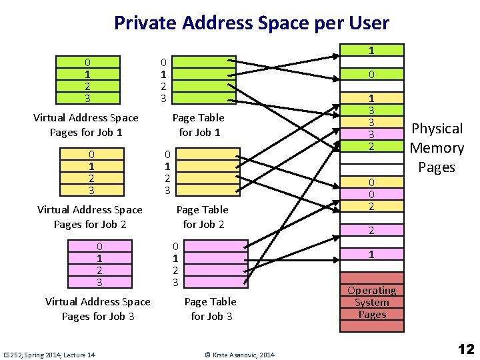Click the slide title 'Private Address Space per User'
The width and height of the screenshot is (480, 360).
pos(251,23)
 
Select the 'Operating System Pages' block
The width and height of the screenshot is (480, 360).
pos(372,302)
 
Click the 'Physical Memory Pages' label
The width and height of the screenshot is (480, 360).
pos(437,147)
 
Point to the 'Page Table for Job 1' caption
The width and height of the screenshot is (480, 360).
pos(199,125)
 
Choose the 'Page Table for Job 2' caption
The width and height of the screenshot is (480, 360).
pos(203,217)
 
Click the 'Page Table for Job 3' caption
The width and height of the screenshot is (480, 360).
pos(211,309)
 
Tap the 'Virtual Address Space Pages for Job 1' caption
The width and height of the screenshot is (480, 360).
pos(86,125)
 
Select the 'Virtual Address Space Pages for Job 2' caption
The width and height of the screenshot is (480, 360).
pos(90,217)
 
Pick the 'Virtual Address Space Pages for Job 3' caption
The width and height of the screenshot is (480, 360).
pos(98,309)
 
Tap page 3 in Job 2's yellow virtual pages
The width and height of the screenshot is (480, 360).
pos(91,190)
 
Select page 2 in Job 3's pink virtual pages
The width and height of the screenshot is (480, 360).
pos(99,270)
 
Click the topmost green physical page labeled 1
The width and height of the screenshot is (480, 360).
pos(372,50)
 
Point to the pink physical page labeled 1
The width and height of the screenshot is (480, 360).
pos(372,254)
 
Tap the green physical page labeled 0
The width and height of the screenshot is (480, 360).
pos(372,74)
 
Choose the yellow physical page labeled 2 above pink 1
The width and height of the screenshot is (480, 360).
pos(372,230)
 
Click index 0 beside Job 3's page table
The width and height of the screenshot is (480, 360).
pos(175,246)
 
